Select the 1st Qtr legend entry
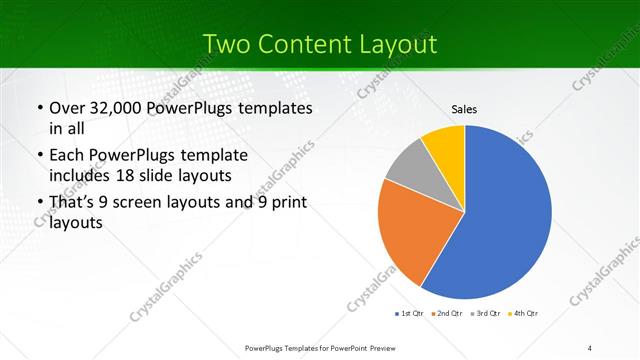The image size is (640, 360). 408,314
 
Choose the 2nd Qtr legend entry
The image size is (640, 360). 446,314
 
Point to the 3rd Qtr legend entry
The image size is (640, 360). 486,314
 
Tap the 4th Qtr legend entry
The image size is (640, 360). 525,314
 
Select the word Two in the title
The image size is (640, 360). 227,43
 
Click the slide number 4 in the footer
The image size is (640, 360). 590,347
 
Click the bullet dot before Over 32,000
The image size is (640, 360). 39,108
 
